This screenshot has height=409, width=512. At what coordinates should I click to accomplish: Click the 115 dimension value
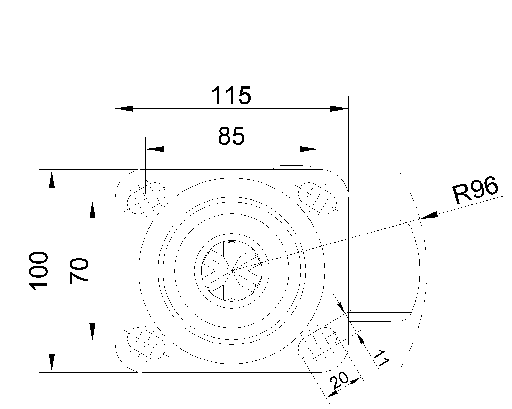pyautogui.click(x=231, y=96)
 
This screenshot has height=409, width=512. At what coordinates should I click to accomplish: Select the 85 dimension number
pyautogui.click(x=231, y=136)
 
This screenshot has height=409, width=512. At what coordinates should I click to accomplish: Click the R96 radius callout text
pyautogui.click(x=476, y=190)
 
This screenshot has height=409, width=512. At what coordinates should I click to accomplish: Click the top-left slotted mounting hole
pyautogui.click(x=146, y=198)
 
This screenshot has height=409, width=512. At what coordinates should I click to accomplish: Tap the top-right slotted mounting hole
pyautogui.click(x=317, y=198)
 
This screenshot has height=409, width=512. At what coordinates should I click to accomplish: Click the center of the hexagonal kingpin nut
pyautogui.click(x=232, y=271)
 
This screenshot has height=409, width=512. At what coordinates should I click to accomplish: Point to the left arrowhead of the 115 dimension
pyautogui.click(x=124, y=109)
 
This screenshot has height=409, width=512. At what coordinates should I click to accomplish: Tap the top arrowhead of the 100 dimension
pyautogui.click(x=52, y=179)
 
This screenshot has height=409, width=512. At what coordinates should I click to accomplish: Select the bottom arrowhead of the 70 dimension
pyautogui.click(x=92, y=333)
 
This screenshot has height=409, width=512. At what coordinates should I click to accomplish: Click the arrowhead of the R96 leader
pyautogui.click(x=429, y=215)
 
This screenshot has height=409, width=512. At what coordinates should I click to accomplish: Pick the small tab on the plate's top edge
pyautogui.click(x=292, y=167)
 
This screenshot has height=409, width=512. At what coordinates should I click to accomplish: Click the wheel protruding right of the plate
pyautogui.click(x=384, y=271)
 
